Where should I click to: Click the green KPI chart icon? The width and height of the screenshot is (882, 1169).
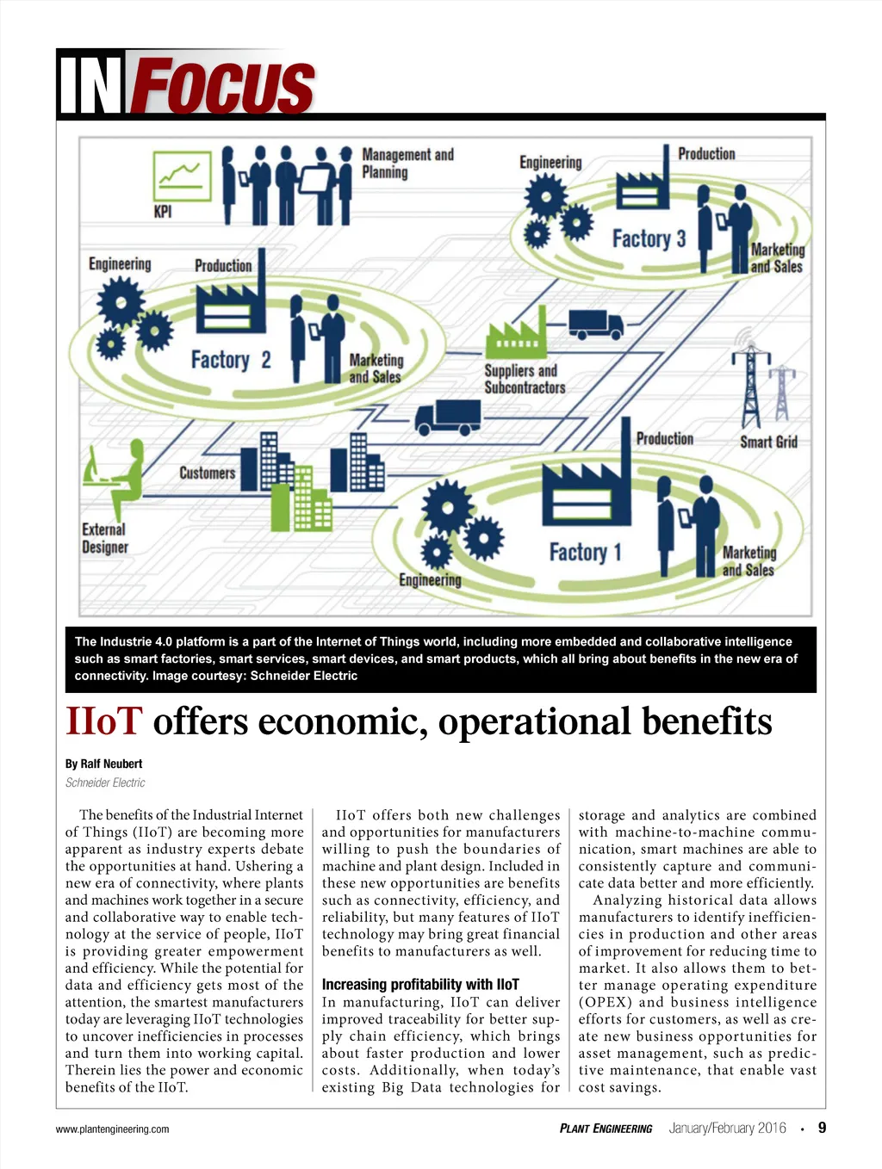pos(182,176)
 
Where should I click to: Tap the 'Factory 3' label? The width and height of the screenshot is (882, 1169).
pos(649,238)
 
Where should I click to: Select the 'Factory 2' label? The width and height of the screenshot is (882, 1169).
pos(230,359)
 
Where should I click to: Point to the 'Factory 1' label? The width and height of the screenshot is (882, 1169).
pos(585,552)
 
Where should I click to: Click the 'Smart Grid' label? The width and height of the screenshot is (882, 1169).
pos(768,442)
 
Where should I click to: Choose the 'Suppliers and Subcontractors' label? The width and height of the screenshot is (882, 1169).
pos(524,379)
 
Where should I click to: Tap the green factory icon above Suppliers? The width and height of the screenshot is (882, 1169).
pos(516,335)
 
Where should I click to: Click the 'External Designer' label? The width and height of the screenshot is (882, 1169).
pos(104,538)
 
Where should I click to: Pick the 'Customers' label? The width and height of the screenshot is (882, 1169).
pos(207,473)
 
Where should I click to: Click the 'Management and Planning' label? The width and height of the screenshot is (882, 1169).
pos(407,163)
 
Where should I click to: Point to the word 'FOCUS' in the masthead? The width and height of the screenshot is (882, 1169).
pos(223,86)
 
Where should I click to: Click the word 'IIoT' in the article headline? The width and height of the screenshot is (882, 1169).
pos(103,721)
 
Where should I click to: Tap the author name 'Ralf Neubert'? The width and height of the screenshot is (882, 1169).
pos(111,764)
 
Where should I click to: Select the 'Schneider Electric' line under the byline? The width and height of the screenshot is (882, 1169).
pos(105,782)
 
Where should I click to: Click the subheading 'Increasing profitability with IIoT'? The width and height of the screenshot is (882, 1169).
pos(420,984)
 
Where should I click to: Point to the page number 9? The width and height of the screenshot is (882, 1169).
pos(822,1128)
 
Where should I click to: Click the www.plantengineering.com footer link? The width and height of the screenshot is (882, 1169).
pos(112,1129)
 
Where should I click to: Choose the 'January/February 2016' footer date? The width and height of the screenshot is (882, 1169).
pos(727,1129)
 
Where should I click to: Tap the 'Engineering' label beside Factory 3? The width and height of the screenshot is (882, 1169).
pos(550,163)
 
